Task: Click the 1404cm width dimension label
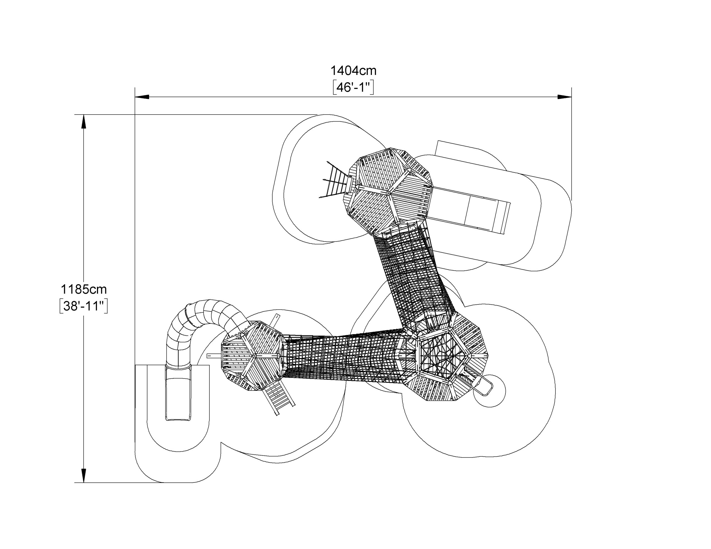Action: click(354, 70)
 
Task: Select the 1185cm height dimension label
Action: click(84, 289)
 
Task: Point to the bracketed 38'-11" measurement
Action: click(84, 306)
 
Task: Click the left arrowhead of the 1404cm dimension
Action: click(142, 97)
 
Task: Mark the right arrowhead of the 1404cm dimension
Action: click(565, 97)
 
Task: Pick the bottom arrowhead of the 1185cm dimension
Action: click(84, 475)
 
